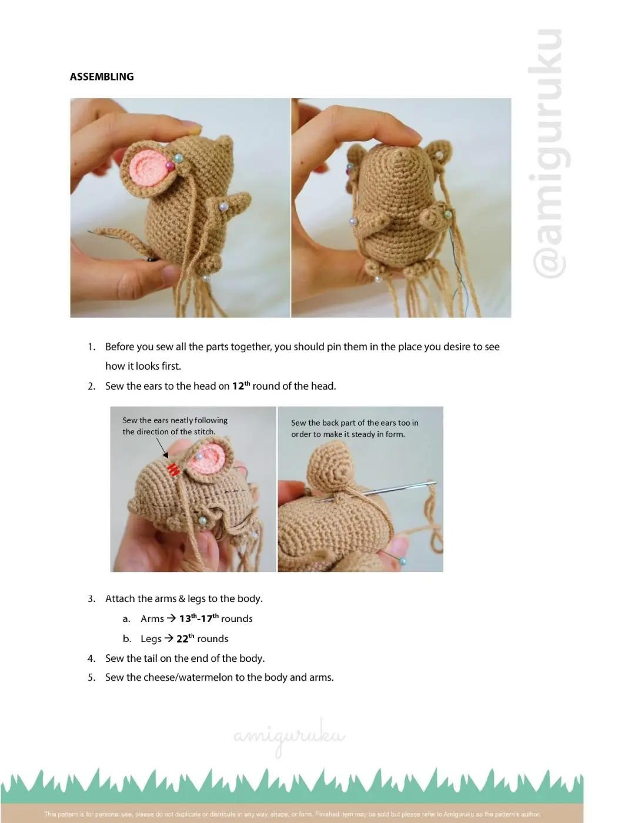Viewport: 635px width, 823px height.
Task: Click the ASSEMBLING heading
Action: click(x=101, y=76)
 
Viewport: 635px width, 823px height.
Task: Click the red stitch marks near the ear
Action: click(x=173, y=469)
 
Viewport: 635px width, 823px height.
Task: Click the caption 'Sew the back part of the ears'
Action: click(x=355, y=423)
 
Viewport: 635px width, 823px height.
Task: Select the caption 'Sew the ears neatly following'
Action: click(x=175, y=420)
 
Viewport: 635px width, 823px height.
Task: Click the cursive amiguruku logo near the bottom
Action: click(x=289, y=737)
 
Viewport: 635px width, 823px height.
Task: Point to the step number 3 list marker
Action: click(x=91, y=598)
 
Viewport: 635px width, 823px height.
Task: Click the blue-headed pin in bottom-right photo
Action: click(x=402, y=561)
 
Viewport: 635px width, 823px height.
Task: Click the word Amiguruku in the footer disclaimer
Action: click(x=462, y=814)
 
